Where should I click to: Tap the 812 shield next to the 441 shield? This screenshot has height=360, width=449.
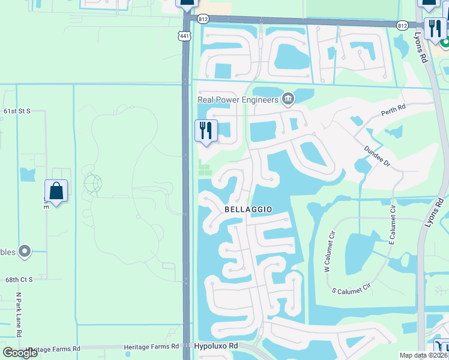click(x=203, y=19)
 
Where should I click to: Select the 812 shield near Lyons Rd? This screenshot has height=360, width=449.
click(x=402, y=25)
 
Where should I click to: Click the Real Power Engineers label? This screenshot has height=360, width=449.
click(x=239, y=100)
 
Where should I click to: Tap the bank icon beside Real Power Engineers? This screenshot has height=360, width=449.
click(x=288, y=98)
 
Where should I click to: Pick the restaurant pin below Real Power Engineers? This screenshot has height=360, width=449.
click(x=206, y=131)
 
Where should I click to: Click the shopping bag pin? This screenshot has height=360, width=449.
click(x=56, y=191)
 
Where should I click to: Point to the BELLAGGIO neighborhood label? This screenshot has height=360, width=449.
click(x=249, y=209)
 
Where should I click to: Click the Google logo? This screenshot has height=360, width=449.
click(x=20, y=352)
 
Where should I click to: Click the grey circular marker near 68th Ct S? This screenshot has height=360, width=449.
click(x=25, y=251)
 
